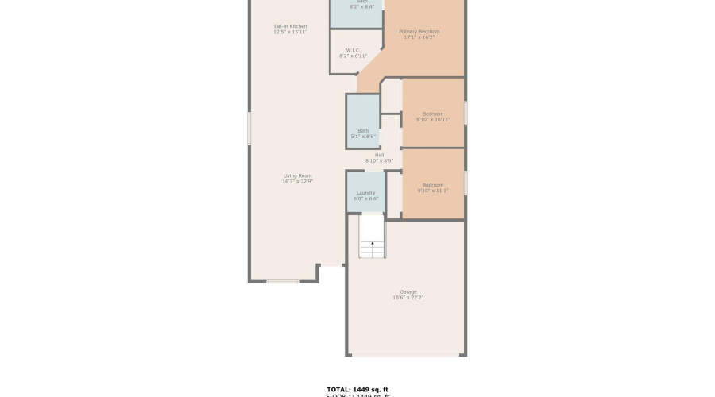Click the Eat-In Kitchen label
(290, 26)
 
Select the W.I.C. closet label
(354, 51)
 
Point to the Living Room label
(298, 175)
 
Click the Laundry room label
(365, 193)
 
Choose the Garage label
(408, 291)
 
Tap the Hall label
(379, 155)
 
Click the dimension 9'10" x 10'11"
(433, 119)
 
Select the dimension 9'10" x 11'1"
(433, 191)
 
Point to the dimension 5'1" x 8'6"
(362, 137)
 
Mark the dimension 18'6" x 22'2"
(408, 298)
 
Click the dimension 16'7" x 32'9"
(298, 182)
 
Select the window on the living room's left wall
(249, 128)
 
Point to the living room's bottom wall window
(282, 281)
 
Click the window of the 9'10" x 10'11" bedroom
(466, 112)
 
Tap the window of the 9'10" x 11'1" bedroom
(466, 183)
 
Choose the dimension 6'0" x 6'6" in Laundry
(365, 198)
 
